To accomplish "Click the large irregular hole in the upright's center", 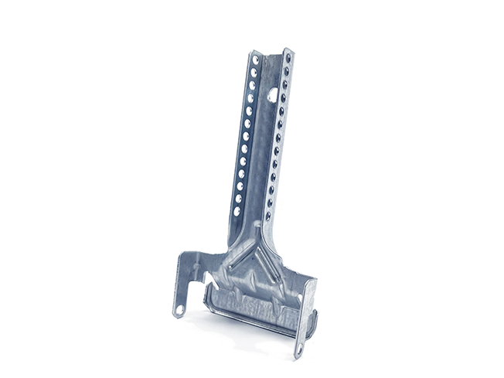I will click(x=272, y=94).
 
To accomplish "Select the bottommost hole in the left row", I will click(x=237, y=209).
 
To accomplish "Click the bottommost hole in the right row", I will click(x=268, y=216).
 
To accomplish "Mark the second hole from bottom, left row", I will click(x=238, y=198).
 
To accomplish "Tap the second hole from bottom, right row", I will click(x=270, y=204).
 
